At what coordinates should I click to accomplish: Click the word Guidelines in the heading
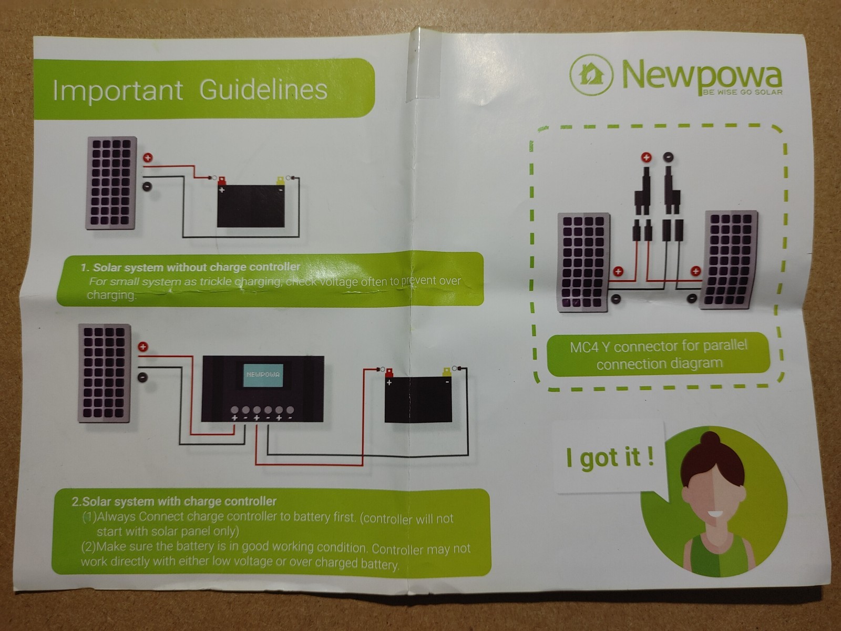pos(263,90)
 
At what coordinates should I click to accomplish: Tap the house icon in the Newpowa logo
pos(591,74)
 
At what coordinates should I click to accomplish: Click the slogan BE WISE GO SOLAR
pos(742,93)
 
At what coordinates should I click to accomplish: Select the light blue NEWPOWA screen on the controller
pos(263,375)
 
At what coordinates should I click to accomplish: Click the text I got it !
pos(609,457)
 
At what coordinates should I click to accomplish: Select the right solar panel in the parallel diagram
pos(729,260)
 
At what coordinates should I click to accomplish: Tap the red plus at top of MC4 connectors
pos(646,157)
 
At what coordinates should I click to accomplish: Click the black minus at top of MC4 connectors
pos(668,157)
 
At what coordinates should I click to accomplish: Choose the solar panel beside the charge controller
pos(105,373)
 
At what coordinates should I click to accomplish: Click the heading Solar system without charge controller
pos(190,267)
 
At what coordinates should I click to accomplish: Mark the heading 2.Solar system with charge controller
pos(174,501)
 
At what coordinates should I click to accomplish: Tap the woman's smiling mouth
pos(714,514)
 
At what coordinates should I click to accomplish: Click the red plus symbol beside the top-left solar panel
pos(148,157)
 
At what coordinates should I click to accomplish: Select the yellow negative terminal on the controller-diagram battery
pos(447,372)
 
